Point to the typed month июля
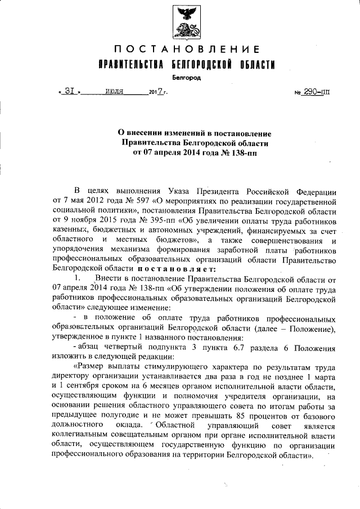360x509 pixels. (115, 91)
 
